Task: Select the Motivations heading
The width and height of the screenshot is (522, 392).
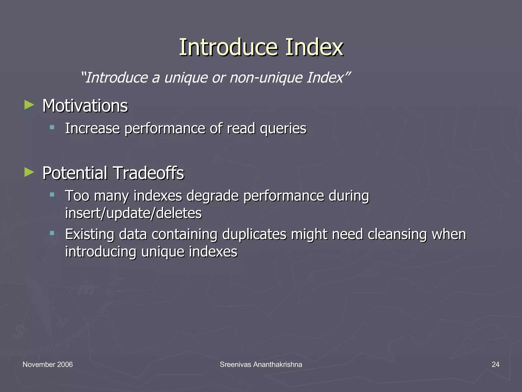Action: pyautogui.click(x=85, y=106)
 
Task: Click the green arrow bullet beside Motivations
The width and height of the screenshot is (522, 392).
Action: pyautogui.click(x=29, y=105)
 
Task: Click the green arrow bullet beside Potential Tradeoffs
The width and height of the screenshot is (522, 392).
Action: pyautogui.click(x=29, y=172)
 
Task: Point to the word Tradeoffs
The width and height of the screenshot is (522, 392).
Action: pyautogui.click(x=148, y=173)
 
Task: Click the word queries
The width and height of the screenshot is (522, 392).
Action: pyautogui.click(x=283, y=128)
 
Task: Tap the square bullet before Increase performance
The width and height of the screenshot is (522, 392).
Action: pyautogui.click(x=52, y=127)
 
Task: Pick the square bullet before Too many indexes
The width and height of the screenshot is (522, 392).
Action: pyautogui.click(x=52, y=195)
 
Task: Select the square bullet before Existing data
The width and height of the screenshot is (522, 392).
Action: pyautogui.click(x=52, y=233)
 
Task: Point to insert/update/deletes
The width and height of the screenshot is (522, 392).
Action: pyautogui.click(x=133, y=213)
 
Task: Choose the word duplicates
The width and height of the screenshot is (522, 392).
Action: pyautogui.click(x=254, y=234)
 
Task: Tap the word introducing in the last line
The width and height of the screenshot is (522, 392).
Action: pyautogui.click(x=101, y=252)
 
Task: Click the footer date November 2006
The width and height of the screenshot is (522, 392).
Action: pyautogui.click(x=48, y=364)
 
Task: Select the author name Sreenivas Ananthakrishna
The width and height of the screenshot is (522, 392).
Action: pyautogui.click(x=261, y=364)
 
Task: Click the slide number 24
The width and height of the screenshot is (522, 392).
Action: pyautogui.click(x=495, y=364)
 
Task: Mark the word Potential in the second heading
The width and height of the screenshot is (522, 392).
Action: pyautogui.click(x=75, y=173)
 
